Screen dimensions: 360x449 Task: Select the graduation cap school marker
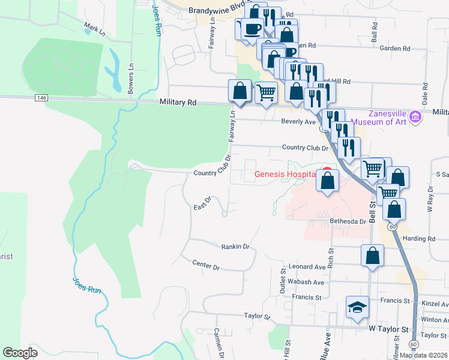pos(357,308)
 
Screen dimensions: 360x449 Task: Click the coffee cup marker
pos(251,28)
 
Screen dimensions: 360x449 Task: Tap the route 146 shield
pos(41,98)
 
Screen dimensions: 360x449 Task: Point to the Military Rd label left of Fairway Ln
pos(178,103)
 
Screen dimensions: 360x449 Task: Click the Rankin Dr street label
pos(235,246)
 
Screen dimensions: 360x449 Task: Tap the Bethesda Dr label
pos(348,221)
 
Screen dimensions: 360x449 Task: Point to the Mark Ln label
pos(94,28)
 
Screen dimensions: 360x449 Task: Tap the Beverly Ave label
pos(298,122)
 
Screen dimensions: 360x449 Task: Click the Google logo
pos(20,353)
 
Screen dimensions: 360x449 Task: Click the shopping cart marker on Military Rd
pos(266,92)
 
